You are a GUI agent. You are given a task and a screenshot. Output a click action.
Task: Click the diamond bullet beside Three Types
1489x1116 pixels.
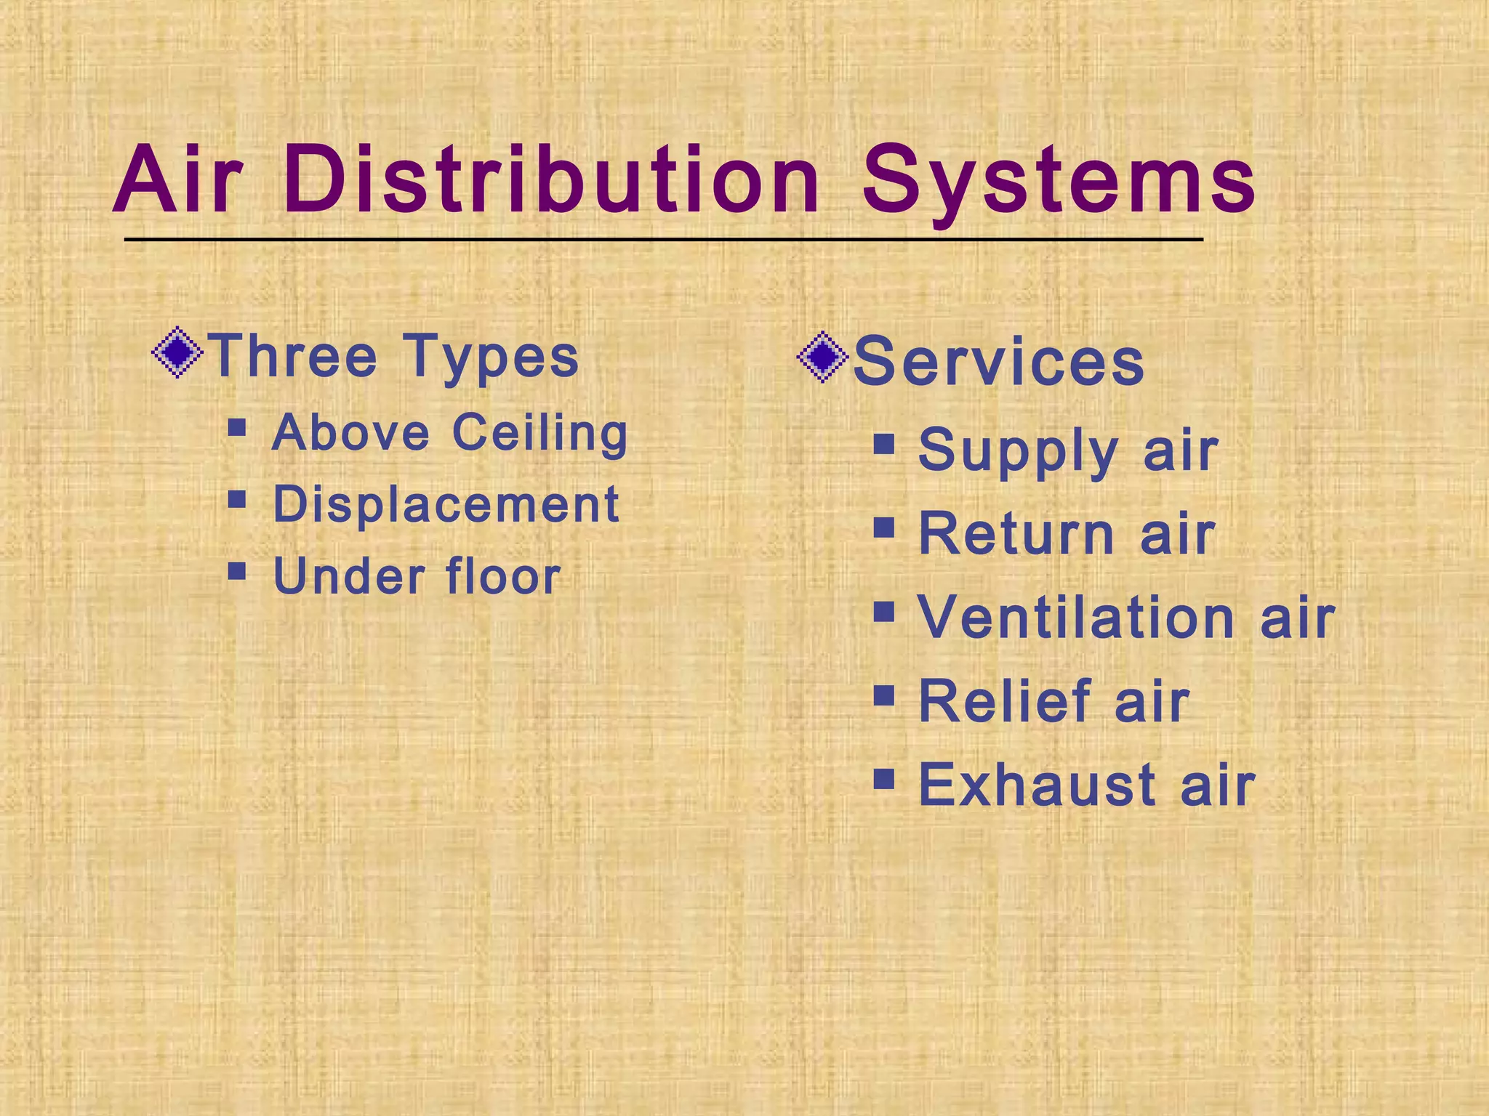(177, 354)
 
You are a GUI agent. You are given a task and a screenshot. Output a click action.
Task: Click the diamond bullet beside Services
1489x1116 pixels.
(822, 357)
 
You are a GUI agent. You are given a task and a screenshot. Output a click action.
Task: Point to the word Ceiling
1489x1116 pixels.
(539, 434)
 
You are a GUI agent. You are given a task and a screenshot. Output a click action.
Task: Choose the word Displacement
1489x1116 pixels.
(446, 504)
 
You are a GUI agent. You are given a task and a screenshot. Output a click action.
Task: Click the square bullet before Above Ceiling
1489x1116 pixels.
(237, 426)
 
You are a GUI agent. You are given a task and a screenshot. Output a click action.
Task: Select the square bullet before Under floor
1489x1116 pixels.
(237, 570)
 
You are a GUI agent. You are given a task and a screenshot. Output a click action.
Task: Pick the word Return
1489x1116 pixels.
(1016, 534)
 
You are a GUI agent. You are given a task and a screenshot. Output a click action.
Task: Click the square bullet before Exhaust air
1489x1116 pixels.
(884, 779)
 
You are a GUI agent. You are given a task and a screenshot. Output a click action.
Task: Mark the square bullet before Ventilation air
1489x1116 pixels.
(884, 612)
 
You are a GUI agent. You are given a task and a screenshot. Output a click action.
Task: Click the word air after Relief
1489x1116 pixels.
(1152, 703)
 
